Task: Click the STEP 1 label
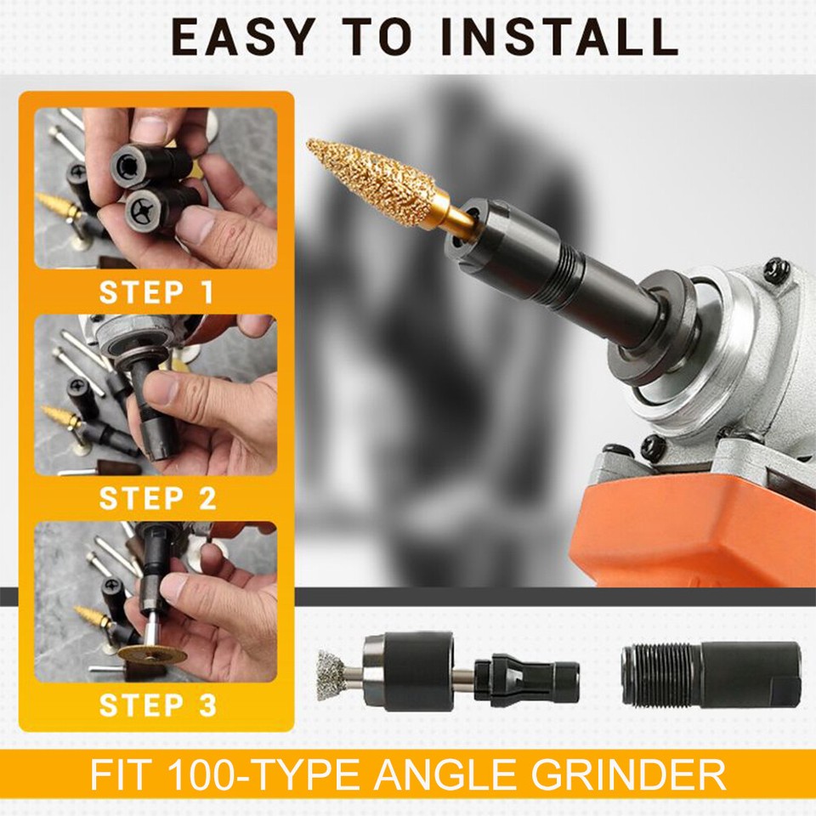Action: pos(156,292)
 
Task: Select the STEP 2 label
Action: pos(157,498)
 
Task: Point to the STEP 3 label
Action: pos(157,705)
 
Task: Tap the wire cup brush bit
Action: pos(333,675)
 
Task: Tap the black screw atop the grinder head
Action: pos(777,270)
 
